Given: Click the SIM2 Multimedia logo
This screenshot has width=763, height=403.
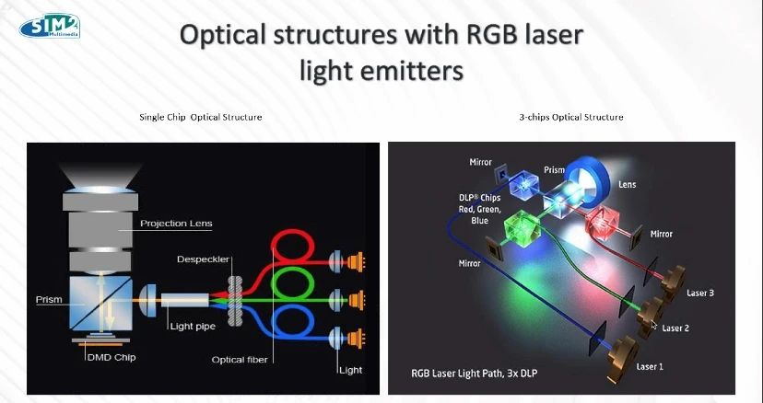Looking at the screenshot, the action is click(50, 26).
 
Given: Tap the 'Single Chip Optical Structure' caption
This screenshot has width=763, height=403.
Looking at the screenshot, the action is click(201, 117).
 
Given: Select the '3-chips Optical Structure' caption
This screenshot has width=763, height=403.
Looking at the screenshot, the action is click(571, 117).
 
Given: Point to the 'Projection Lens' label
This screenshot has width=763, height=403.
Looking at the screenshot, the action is click(176, 224).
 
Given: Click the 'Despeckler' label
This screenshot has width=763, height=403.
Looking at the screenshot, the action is click(203, 259).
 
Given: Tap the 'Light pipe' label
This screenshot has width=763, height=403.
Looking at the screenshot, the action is click(193, 327).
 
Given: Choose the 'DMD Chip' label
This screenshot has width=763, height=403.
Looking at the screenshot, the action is click(111, 357).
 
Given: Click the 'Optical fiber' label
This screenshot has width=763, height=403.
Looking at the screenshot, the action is click(240, 360).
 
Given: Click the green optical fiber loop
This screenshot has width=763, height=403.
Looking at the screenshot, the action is click(292, 271).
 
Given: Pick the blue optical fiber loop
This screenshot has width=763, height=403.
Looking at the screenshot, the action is click(292, 308).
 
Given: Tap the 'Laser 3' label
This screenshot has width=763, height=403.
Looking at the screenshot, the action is click(700, 294).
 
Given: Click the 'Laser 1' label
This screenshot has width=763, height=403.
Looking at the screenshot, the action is click(650, 366).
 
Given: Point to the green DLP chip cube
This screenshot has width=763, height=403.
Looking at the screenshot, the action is click(523, 226).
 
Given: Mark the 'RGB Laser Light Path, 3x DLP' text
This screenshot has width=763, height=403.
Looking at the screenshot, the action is click(474, 374).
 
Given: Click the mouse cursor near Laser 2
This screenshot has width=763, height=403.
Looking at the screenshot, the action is click(654, 325).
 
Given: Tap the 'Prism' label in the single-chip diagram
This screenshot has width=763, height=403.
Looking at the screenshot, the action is click(49, 299).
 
